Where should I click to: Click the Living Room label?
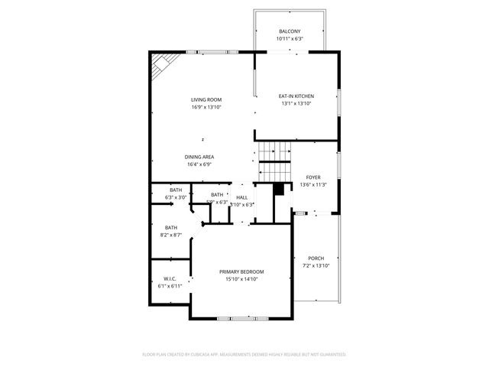coord(206,99)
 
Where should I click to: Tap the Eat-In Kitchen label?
coord(296,96)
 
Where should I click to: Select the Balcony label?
coord(290,31)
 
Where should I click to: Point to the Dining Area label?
coord(199,157)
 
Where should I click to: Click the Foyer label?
coord(313,177)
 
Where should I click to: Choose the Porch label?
coord(316,258)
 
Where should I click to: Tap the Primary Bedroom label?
coord(241,272)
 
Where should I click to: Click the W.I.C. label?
coord(170,278)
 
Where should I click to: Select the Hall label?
coord(241,197)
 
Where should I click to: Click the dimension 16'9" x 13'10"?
coord(206,107)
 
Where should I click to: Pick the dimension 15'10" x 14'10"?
coord(241,280)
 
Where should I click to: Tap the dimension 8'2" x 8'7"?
coord(171,235)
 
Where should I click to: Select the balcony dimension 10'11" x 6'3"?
coord(290,39)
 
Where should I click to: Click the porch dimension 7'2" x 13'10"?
coord(316,265)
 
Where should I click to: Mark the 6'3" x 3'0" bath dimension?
coord(176,197)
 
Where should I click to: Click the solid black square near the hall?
coord(279,188)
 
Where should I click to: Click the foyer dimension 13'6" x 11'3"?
coord(313,184)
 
